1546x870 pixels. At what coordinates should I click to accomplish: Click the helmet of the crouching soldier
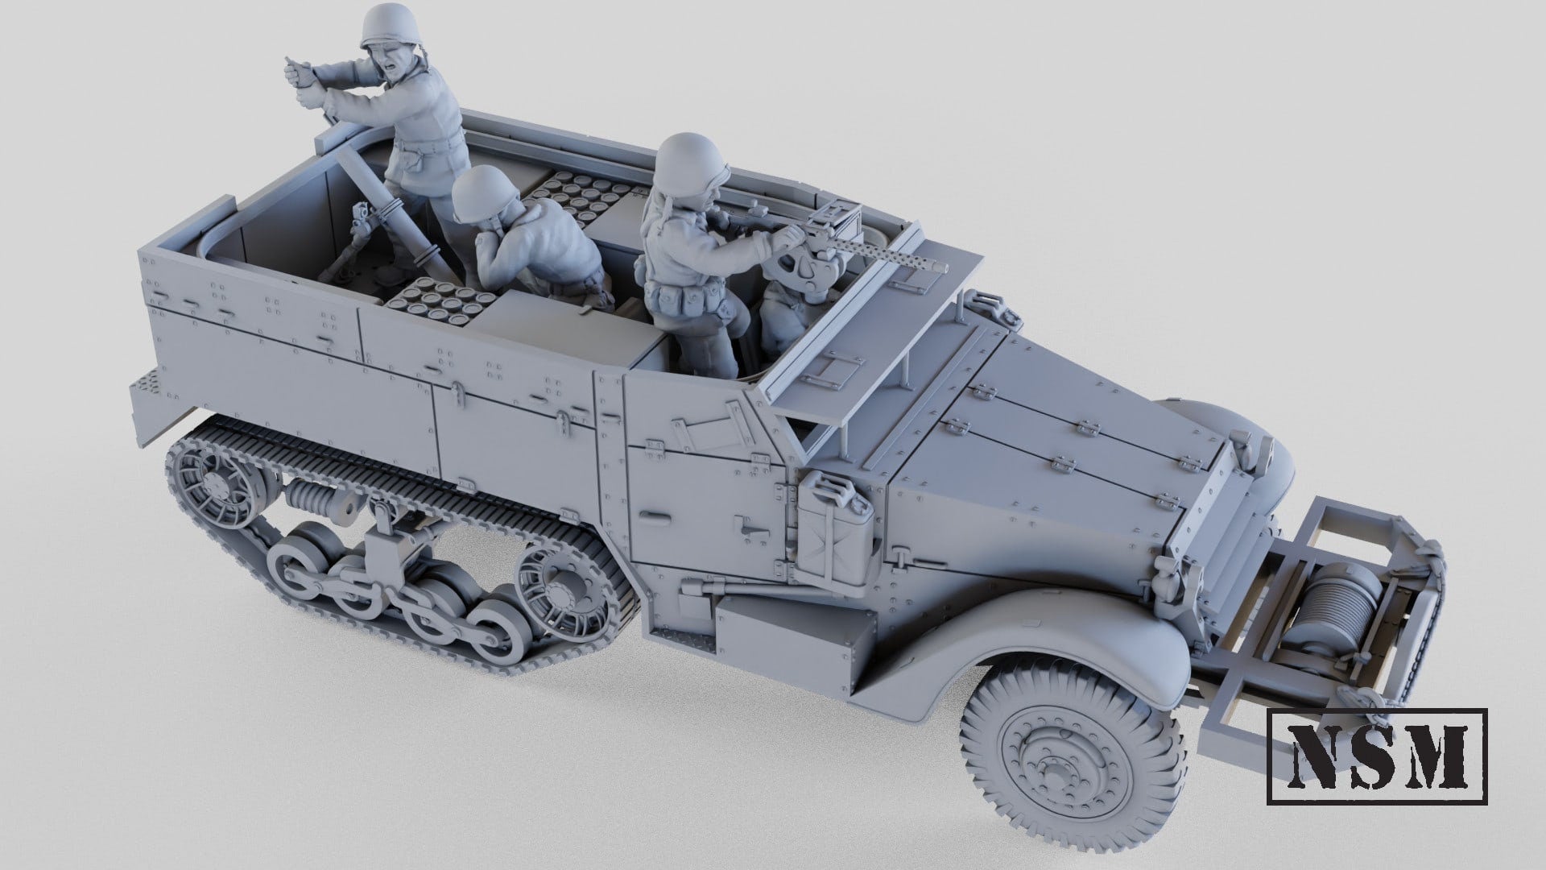pyautogui.click(x=476, y=197)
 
